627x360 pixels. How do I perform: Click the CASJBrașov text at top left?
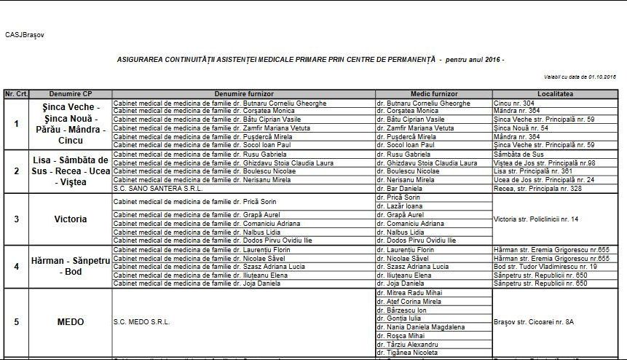[x=24, y=34]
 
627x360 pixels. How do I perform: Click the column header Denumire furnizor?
[x=243, y=94]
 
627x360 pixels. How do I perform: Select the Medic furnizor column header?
[x=433, y=94]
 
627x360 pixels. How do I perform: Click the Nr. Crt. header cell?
[x=15, y=94]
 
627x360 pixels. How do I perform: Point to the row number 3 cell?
[x=16, y=219]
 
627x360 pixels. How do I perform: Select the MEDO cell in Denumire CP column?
[x=71, y=321]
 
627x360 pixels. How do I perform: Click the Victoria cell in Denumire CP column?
[x=71, y=219]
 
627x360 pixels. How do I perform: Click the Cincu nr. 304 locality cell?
[x=514, y=103]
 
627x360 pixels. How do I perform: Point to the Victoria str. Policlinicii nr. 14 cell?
[x=536, y=219]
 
